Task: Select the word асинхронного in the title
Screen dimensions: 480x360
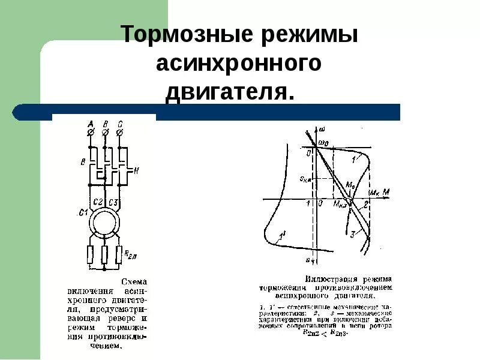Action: tap(239, 64)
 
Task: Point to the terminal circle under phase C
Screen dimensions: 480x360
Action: tap(119, 131)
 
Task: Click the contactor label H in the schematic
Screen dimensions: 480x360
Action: tap(136, 170)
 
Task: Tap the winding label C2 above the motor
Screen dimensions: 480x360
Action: tap(99, 202)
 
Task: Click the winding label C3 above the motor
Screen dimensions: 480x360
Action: tap(113, 202)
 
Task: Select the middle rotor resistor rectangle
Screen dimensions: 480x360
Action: tap(106, 254)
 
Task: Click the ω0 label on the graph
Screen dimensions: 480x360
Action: tap(323, 143)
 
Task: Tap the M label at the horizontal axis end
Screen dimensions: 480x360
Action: tap(386, 192)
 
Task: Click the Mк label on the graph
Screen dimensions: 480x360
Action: tap(374, 193)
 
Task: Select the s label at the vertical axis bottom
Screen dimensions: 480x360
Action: tap(308, 260)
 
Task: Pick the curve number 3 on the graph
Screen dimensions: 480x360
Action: tap(353, 233)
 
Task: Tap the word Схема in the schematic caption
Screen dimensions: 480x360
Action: tap(134, 281)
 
